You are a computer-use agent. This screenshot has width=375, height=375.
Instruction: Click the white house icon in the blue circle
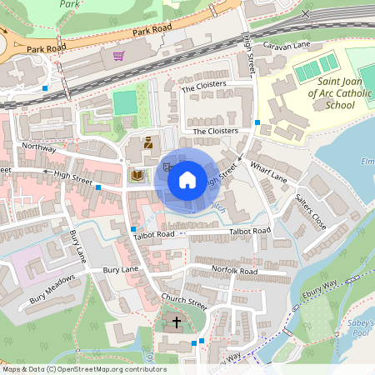click(187, 178)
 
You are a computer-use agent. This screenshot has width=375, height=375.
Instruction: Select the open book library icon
click(137, 176)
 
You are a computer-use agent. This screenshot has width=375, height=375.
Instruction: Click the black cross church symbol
click(176, 322)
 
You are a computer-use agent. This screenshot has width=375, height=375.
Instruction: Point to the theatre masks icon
click(167, 167)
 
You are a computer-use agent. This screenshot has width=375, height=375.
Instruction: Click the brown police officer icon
click(148, 143)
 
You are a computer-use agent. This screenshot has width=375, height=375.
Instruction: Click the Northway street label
click(38, 147)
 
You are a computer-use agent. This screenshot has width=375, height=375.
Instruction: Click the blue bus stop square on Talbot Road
click(132, 228)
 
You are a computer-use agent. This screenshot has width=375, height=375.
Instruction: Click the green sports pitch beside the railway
click(125, 102)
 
